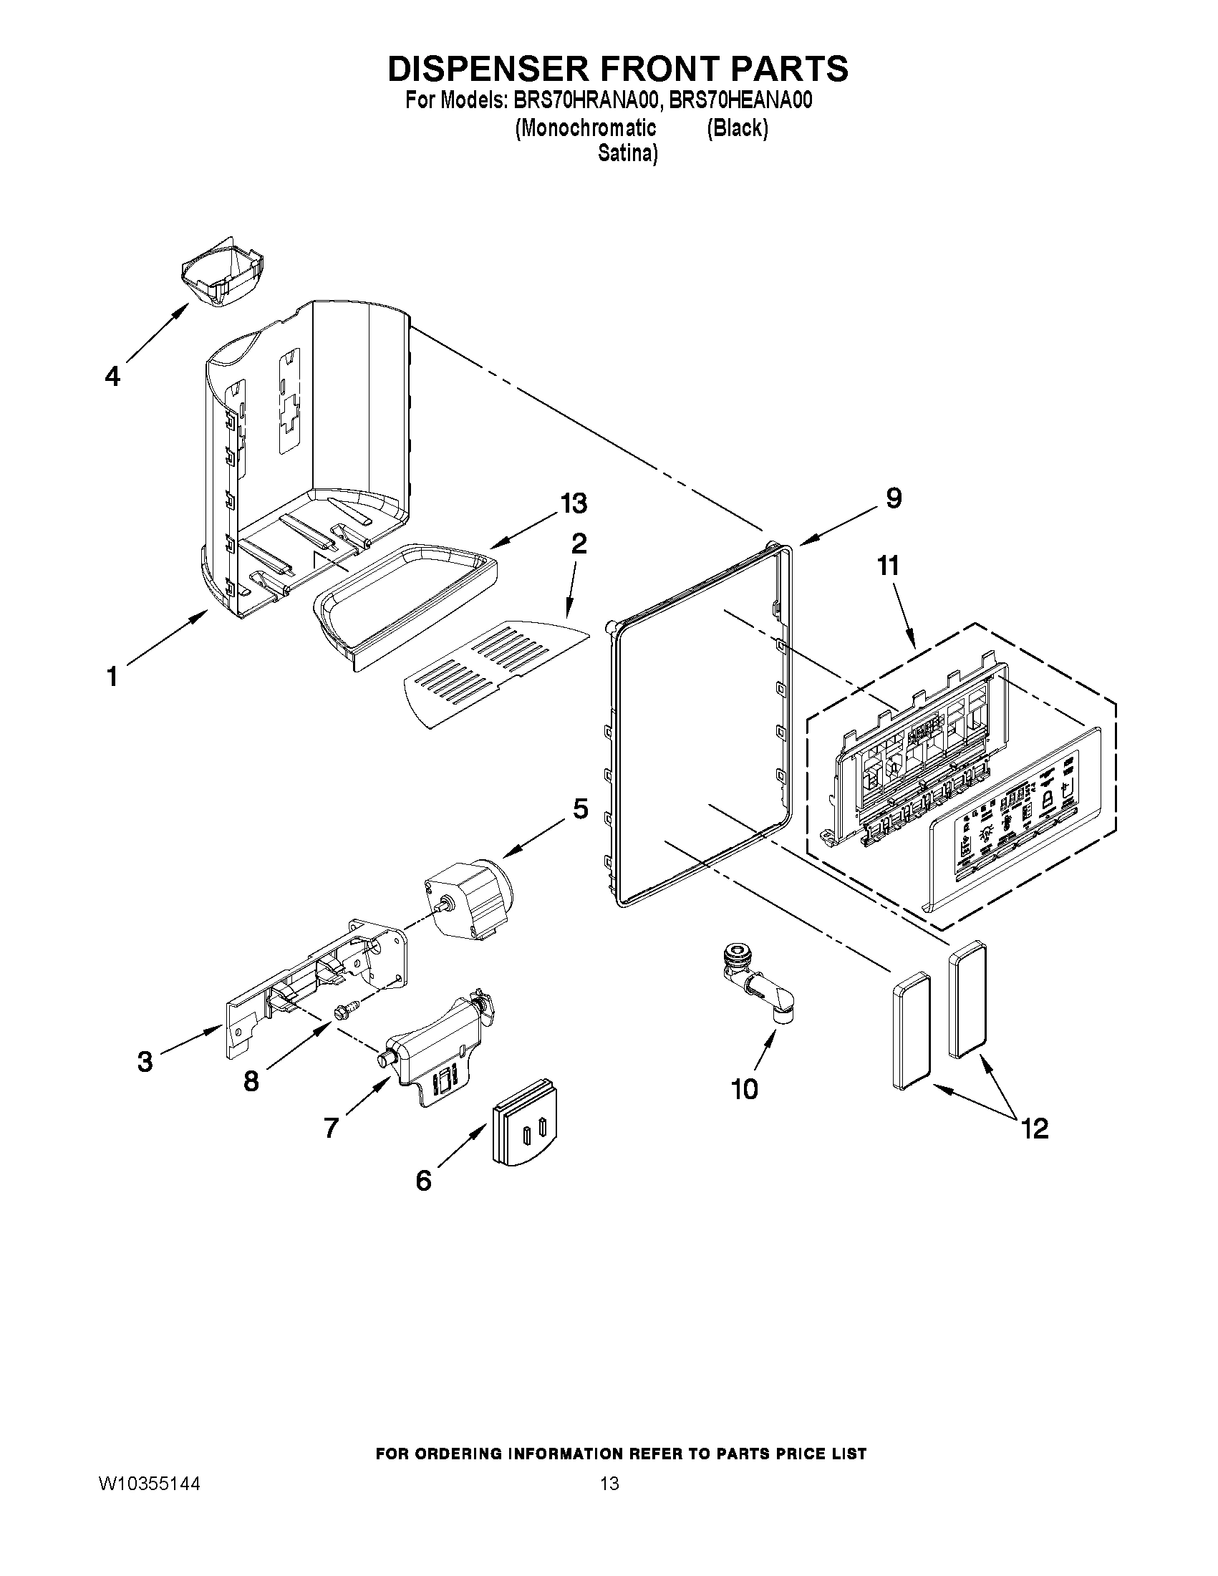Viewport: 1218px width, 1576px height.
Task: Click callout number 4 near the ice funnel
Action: [112, 376]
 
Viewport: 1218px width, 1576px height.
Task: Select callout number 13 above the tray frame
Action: [574, 503]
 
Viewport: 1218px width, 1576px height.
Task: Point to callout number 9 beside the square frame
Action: [894, 498]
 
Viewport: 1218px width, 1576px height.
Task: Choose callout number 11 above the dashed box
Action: [889, 566]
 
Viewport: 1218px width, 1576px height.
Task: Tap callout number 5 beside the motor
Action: [581, 809]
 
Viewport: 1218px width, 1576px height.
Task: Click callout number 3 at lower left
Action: [145, 1061]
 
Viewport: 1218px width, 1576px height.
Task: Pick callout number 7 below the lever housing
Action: [331, 1126]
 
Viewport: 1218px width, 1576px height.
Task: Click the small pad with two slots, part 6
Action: [527, 1131]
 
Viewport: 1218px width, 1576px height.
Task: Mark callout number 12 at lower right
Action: [1035, 1128]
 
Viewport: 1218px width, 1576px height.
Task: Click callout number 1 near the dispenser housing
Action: [112, 677]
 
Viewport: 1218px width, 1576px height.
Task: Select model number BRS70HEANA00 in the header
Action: [740, 100]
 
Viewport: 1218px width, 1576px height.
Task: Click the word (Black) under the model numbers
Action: [738, 127]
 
